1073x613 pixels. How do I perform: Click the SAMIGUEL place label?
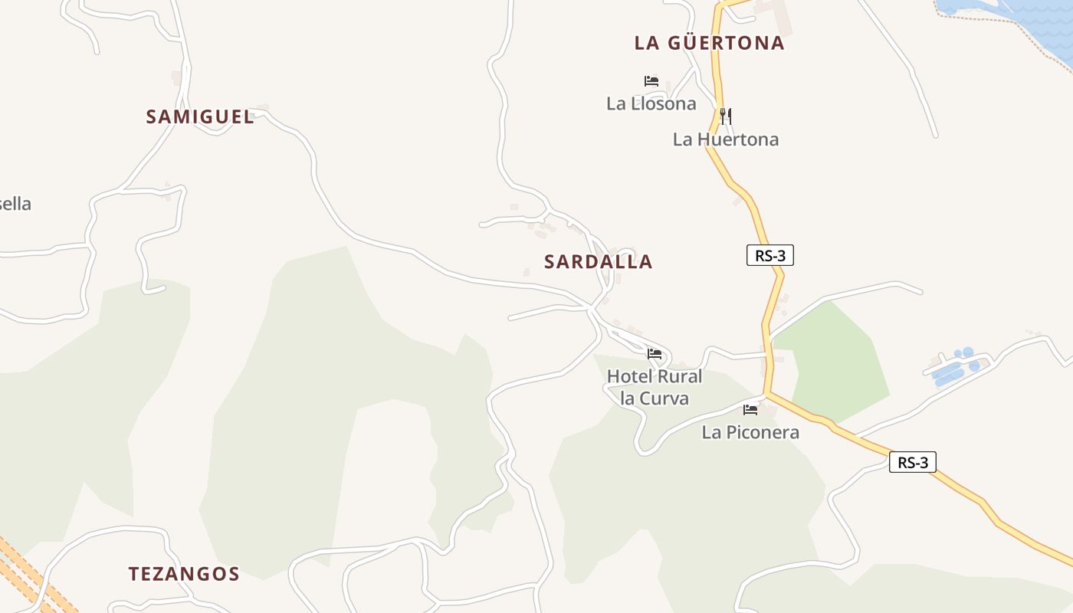pyautogui.click(x=200, y=117)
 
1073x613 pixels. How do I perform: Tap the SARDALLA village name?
pyautogui.click(x=598, y=262)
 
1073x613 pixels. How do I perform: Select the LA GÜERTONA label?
pyautogui.click(x=709, y=44)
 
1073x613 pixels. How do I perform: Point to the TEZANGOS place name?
pyautogui.click(x=184, y=574)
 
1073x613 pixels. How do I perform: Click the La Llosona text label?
pyautogui.click(x=651, y=103)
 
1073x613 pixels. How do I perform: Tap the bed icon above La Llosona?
pyautogui.click(x=651, y=81)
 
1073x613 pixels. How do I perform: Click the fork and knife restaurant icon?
pyautogui.click(x=725, y=116)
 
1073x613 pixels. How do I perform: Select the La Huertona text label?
pyautogui.click(x=725, y=139)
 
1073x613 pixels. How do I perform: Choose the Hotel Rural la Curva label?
pyautogui.click(x=655, y=387)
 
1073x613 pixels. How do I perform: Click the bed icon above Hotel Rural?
pyautogui.click(x=655, y=354)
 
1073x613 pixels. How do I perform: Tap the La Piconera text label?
pyautogui.click(x=750, y=432)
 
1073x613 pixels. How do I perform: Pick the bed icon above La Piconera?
pyautogui.click(x=750, y=410)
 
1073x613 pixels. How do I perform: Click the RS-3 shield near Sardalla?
pyautogui.click(x=769, y=256)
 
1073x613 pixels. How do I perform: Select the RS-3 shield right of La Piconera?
pyautogui.click(x=912, y=463)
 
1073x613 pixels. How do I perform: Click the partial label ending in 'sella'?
pyautogui.click(x=15, y=204)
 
